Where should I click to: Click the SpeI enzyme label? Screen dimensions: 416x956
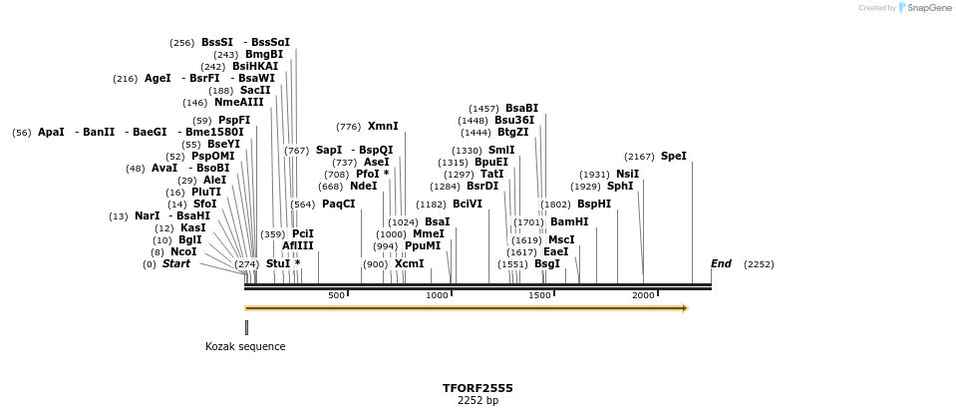(674, 157)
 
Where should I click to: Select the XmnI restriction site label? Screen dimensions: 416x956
(383, 127)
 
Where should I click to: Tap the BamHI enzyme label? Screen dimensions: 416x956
(569, 222)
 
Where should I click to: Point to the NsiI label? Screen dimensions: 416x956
(627, 175)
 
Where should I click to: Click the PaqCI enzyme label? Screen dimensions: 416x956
(338, 205)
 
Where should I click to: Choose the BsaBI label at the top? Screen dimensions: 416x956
(521, 109)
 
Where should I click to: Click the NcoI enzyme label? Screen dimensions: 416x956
(183, 252)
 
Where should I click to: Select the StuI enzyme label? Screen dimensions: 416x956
(278, 264)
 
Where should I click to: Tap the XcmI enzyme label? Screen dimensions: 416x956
(409, 264)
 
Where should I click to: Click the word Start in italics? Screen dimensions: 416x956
(176, 264)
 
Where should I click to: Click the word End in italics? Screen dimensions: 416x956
(721, 264)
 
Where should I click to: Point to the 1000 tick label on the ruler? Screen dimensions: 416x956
(437, 295)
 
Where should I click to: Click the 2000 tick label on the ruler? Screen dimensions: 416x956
(643, 295)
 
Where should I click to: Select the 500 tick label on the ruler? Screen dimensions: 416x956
(337, 295)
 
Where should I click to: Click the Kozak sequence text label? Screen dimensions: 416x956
(245, 347)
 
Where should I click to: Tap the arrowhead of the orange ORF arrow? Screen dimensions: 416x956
(684, 308)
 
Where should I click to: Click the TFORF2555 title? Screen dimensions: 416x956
(478, 388)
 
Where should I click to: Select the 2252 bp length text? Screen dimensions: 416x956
(478, 401)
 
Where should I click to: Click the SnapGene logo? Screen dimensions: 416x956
(923, 8)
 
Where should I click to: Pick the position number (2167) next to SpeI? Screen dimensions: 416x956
(640, 157)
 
